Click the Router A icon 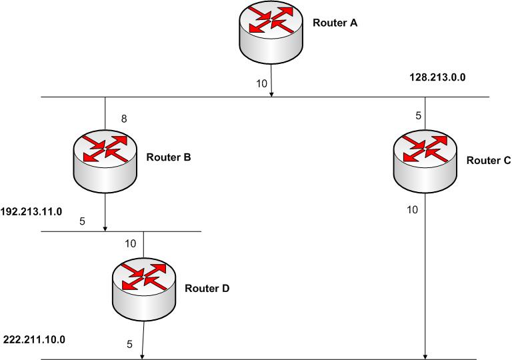tap(271, 33)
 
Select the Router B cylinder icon tap(105, 157)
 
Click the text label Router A tap(335, 23)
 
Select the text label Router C tap(488, 160)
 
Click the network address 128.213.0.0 tap(437, 77)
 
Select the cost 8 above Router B tap(123, 119)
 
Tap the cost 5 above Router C tap(418, 115)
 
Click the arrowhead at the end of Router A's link tap(272, 94)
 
